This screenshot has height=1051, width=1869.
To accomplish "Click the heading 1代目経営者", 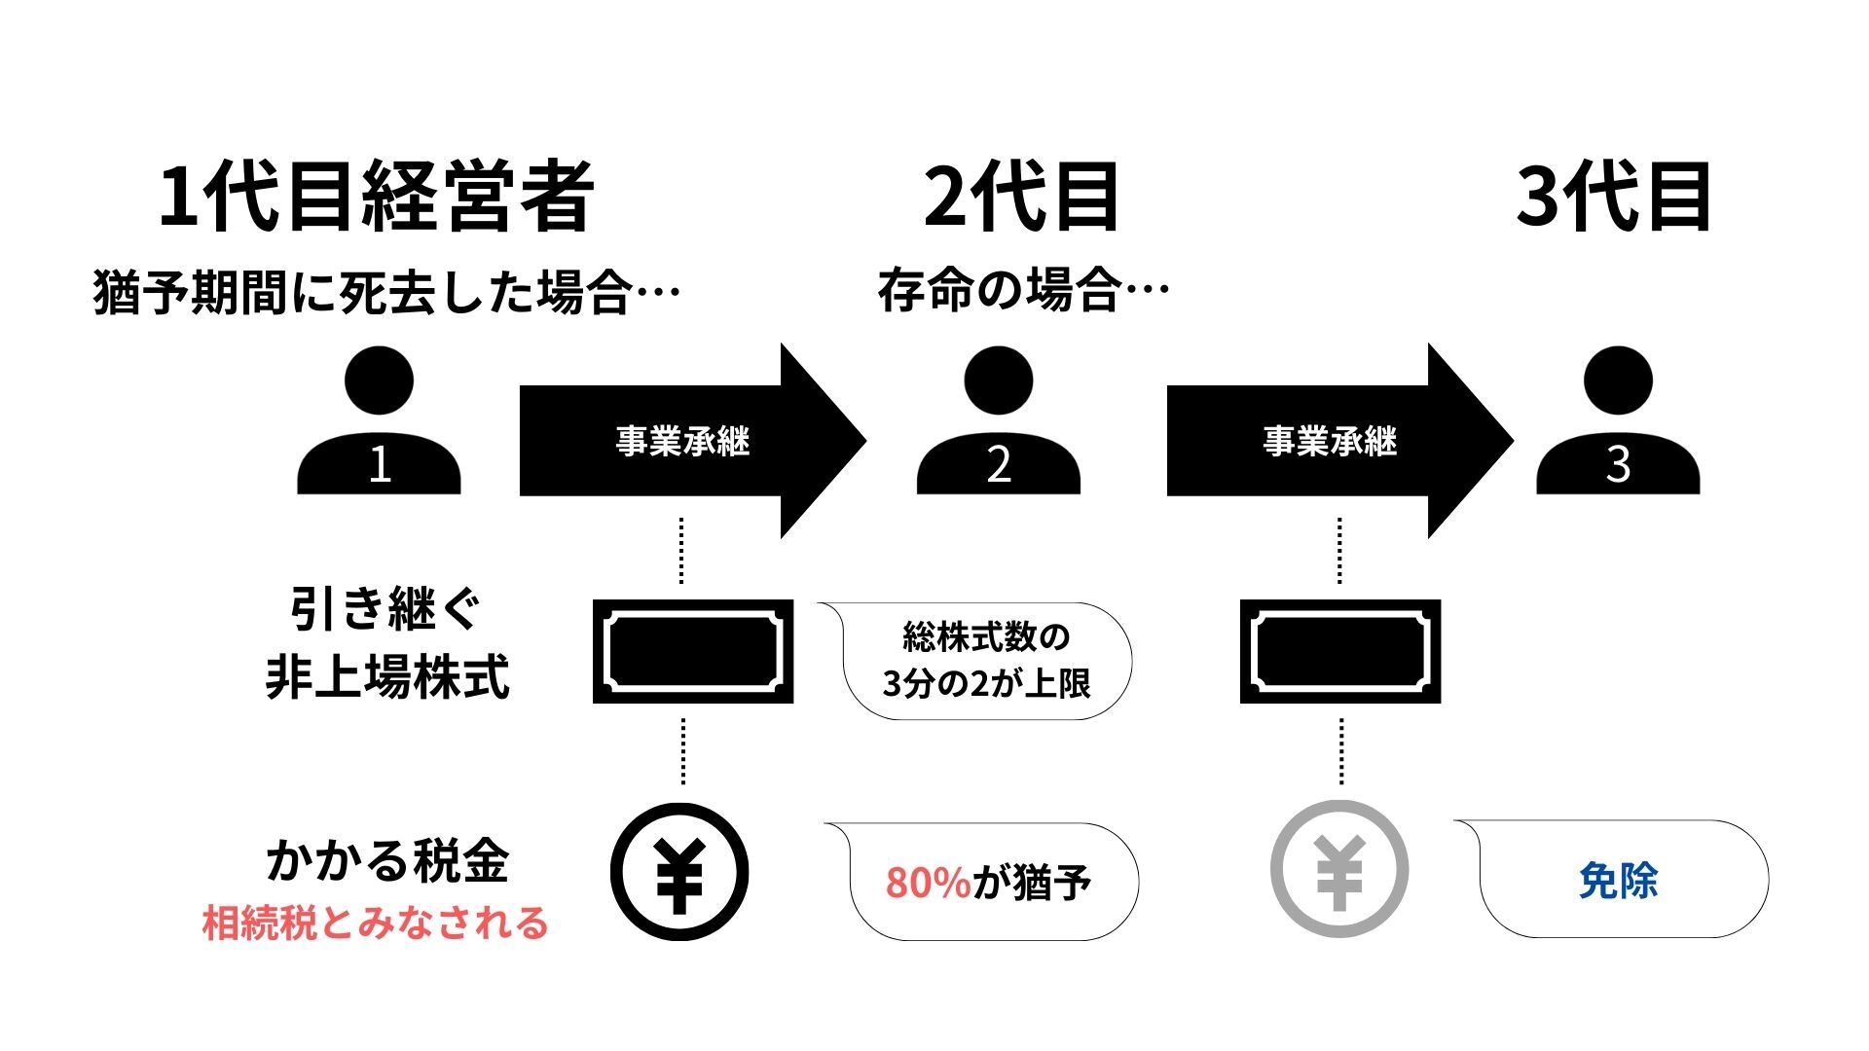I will (x=376, y=198).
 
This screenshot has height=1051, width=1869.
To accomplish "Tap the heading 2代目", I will (x=1021, y=198).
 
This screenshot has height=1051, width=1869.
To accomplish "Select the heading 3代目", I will (x=1614, y=198).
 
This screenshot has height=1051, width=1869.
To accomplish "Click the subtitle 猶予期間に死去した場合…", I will (x=385, y=292).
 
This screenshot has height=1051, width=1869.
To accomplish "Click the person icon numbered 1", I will (x=379, y=423).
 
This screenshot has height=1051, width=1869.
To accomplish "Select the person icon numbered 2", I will (x=999, y=423).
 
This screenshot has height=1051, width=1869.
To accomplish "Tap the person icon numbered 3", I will (x=1618, y=423).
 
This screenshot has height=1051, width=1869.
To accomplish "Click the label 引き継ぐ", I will (x=386, y=611).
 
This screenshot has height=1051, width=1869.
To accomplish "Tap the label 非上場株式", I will (x=386, y=677).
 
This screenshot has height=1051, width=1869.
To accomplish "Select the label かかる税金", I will (x=386, y=861).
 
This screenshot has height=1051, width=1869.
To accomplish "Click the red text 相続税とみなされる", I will (x=375, y=923).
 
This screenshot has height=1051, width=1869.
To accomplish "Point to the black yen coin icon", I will (x=679, y=872).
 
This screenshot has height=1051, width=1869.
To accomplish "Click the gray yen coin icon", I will (x=1339, y=869).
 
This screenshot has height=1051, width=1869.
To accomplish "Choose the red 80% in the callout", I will (x=928, y=883).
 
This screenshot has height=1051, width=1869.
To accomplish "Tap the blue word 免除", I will (x=1618, y=881).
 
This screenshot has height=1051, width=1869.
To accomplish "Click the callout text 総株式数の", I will (x=986, y=638).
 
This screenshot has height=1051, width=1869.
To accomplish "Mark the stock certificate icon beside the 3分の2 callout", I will (x=693, y=651).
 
